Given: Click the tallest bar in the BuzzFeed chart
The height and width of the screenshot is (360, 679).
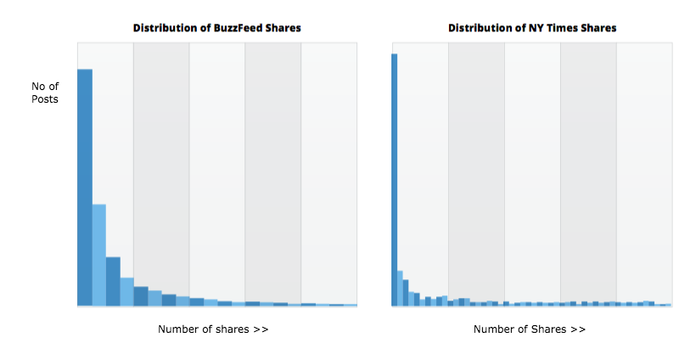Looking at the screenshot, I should pyautogui.click(x=84, y=187).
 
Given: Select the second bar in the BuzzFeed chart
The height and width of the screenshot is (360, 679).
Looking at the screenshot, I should pyautogui.click(x=98, y=255).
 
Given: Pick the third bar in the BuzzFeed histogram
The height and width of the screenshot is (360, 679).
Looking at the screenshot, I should pyautogui.click(x=113, y=281).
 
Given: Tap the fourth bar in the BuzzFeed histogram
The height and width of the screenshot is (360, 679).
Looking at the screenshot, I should pyautogui.click(x=126, y=291).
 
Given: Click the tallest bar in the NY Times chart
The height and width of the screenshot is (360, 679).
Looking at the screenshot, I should pyautogui.click(x=394, y=179).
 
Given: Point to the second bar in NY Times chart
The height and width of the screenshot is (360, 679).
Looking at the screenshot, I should pyautogui.click(x=400, y=288).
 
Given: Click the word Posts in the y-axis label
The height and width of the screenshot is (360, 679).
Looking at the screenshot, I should pyautogui.click(x=44, y=99).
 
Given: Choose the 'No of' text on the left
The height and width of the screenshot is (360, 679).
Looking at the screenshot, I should pyautogui.click(x=44, y=85).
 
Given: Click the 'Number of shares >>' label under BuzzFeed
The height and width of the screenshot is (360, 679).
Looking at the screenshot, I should pyautogui.click(x=213, y=329).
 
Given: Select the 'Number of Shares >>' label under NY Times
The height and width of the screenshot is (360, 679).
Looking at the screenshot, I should pyautogui.click(x=529, y=329).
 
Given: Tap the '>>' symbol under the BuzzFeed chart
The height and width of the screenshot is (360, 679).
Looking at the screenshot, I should pyautogui.click(x=261, y=329).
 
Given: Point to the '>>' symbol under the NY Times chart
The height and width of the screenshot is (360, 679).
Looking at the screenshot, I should pyautogui.click(x=577, y=329).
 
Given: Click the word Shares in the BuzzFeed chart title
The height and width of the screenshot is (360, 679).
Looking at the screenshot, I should pyautogui.click(x=281, y=28).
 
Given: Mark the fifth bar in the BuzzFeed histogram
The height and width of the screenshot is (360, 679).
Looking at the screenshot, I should pyautogui.click(x=141, y=295).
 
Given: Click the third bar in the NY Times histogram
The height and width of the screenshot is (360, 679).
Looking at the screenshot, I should pyautogui.click(x=406, y=292).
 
